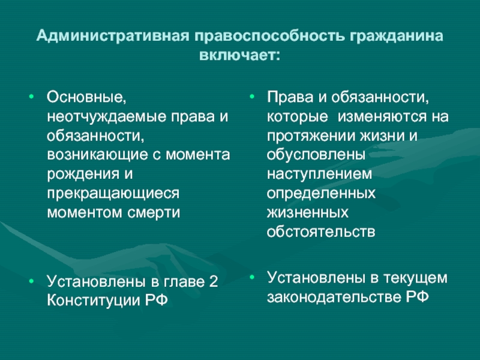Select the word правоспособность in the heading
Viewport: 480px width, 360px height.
pos(268,37)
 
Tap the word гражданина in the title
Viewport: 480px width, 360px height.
pos(395,37)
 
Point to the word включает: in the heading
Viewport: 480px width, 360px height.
pos(239,55)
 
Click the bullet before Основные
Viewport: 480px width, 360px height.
pos(31,97)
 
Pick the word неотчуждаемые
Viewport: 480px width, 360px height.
pos(107,117)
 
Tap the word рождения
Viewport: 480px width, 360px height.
pos(83,174)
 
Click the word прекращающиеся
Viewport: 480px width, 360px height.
pos(113,193)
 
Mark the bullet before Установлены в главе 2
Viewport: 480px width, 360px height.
pos(31,281)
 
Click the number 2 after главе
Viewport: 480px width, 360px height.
pos(214,281)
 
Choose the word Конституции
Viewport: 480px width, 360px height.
pos(94,301)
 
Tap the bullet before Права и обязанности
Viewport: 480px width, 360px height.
pos(252,97)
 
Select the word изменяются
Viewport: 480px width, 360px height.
pos(382,117)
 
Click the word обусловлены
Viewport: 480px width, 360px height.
pos(316,155)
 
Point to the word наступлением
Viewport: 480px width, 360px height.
pos(319,175)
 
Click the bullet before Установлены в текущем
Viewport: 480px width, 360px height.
pos(252,277)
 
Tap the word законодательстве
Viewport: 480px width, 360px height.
pos(334,297)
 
